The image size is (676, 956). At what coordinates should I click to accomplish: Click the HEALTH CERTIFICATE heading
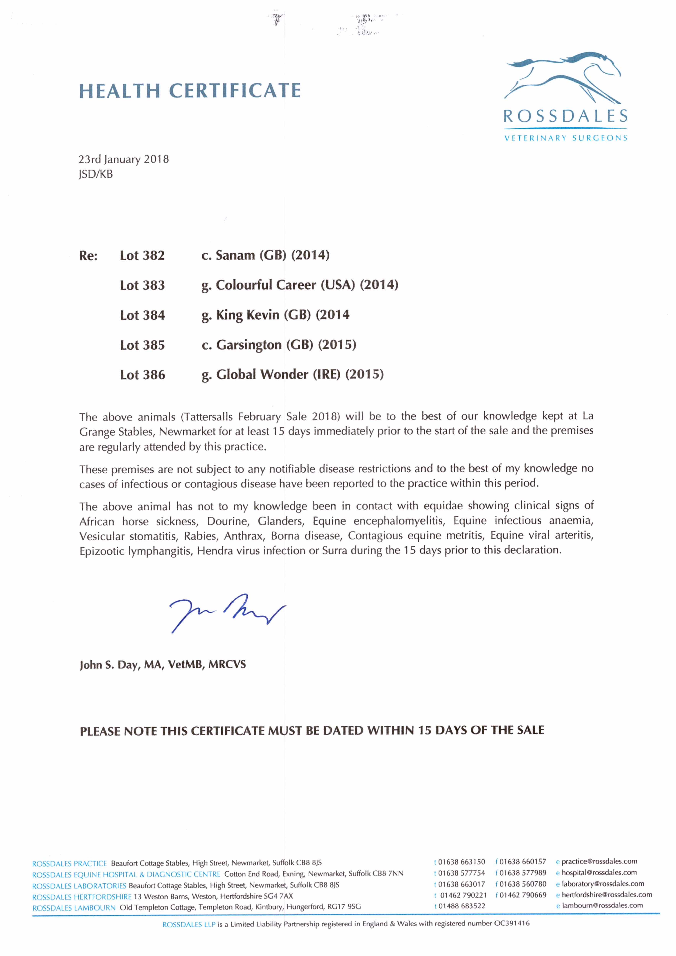pos(190,91)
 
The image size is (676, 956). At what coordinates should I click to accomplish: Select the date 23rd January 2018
pos(124,159)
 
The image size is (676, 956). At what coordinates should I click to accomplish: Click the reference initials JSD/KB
pos(95,174)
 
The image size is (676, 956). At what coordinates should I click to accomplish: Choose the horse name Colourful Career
pos(266,285)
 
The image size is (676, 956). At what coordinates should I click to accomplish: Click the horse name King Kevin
pos(248,315)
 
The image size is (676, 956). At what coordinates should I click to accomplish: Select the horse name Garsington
pos(249,345)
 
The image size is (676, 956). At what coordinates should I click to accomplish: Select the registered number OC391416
pos(512,923)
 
